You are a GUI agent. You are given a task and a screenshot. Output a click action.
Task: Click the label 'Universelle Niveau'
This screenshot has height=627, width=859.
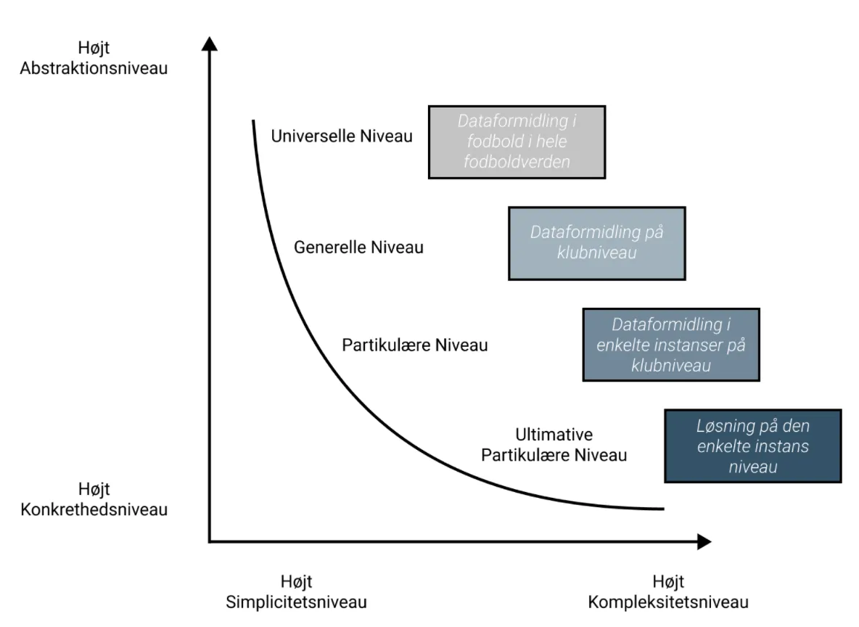click(342, 136)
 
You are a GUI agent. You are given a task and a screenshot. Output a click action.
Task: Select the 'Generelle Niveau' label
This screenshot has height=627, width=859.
click(359, 247)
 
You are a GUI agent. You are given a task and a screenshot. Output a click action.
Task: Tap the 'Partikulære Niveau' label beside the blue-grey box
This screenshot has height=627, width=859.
click(415, 345)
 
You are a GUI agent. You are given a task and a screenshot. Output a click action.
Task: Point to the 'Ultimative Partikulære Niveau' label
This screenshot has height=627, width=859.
click(554, 445)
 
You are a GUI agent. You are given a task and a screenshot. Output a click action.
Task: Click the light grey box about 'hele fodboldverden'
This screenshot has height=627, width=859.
click(517, 142)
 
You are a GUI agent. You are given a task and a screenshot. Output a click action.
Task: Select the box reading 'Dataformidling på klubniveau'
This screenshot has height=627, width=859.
click(596, 243)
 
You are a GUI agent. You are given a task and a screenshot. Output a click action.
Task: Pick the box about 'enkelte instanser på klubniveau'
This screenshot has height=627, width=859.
click(671, 345)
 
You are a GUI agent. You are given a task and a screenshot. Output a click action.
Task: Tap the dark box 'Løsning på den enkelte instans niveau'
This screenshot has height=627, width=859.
click(753, 446)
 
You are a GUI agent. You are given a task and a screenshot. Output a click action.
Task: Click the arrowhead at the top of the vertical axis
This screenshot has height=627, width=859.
click(209, 44)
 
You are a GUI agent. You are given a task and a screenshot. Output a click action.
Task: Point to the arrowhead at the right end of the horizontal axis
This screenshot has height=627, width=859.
click(704, 541)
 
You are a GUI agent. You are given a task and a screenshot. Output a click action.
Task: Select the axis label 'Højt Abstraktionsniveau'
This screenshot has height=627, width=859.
click(94, 57)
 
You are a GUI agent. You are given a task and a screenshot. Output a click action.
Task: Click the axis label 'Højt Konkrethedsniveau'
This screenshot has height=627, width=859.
click(94, 499)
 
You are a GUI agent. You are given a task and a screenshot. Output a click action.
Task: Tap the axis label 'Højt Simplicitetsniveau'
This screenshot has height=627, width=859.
click(297, 591)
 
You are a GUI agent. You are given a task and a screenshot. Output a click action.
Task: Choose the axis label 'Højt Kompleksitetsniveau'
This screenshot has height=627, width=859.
click(668, 591)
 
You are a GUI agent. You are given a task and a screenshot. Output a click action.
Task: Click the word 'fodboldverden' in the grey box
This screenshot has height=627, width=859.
click(517, 162)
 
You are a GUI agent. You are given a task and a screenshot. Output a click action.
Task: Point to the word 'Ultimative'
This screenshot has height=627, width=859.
click(554, 434)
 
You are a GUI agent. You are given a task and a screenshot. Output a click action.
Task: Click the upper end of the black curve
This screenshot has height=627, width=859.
click(253, 120)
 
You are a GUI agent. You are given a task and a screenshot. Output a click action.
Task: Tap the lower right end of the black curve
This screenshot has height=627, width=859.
click(664, 509)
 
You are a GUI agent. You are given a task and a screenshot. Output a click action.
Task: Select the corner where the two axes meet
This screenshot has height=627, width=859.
click(209, 541)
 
